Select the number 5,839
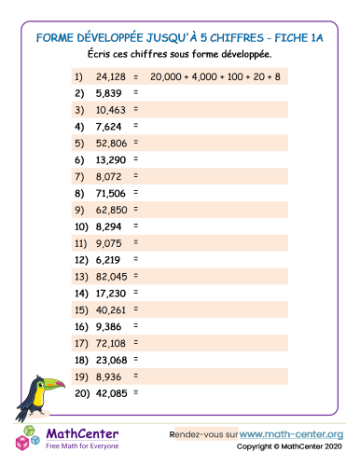click(107, 93)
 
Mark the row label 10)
click(78, 226)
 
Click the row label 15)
click(78, 309)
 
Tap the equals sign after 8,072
click(135, 175)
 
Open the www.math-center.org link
click(292, 434)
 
